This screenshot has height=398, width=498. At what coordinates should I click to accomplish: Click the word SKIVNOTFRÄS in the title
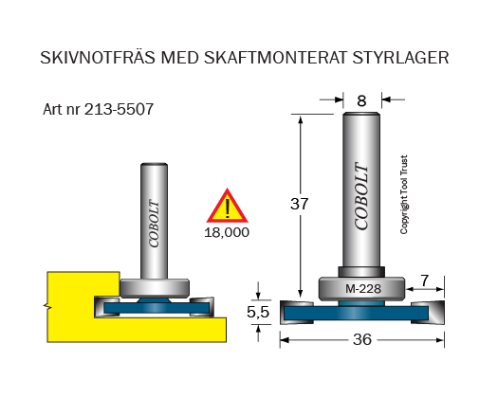98,57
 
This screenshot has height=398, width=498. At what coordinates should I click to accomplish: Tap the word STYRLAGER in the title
400,58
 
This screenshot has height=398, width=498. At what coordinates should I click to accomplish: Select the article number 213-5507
119,109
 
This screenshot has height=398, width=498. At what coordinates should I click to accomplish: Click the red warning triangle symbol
227,206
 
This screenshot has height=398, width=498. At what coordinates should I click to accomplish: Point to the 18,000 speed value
227,233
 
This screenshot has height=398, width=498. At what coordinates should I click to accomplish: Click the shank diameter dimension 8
361,101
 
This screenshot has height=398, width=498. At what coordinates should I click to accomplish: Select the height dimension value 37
299,204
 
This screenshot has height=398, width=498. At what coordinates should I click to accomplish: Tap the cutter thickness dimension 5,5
258,313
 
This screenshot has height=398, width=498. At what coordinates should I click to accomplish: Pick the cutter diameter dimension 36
362,339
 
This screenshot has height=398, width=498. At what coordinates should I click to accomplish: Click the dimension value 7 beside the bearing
425,280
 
